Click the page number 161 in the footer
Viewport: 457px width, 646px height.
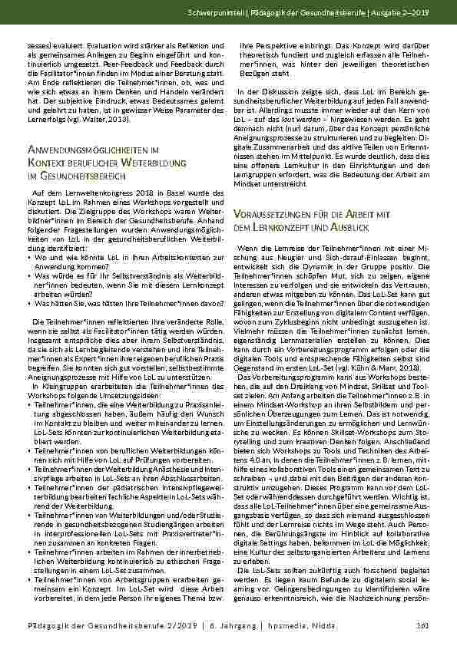coord(422,625)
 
